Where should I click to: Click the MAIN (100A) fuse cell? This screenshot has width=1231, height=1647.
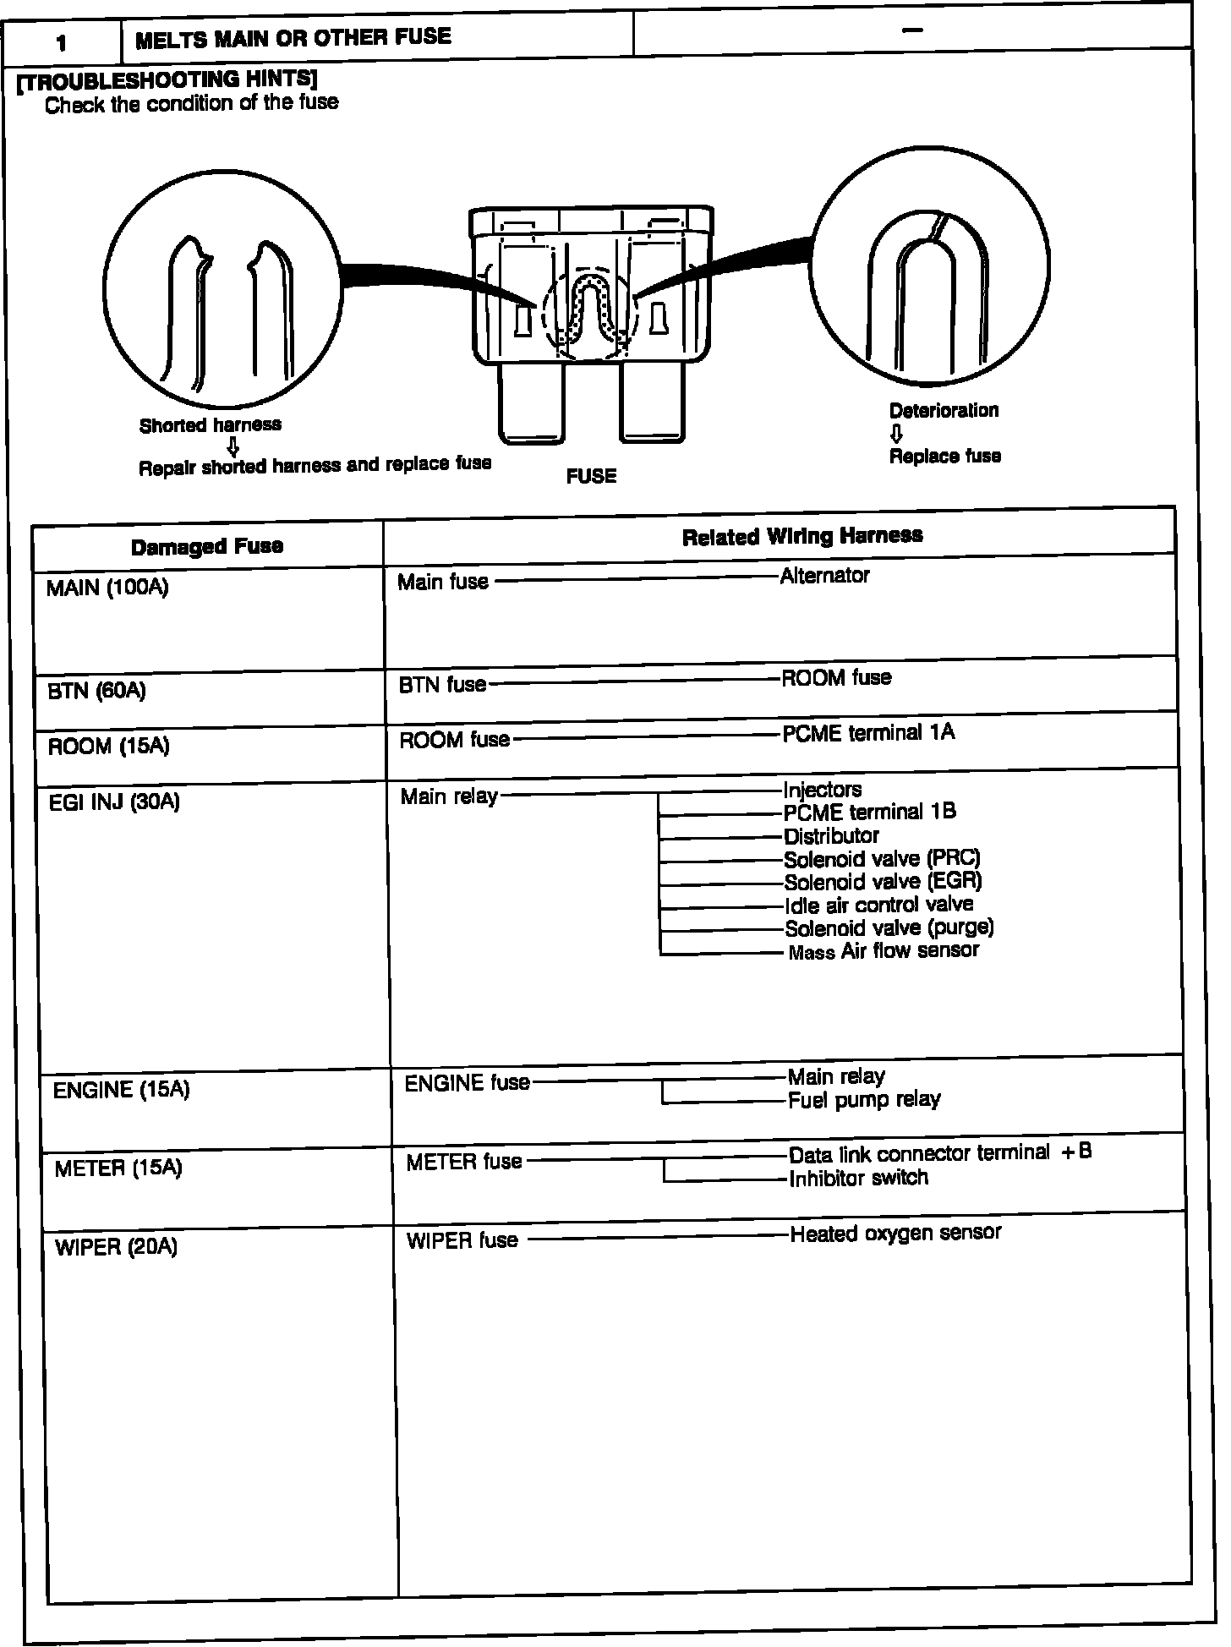point(107,588)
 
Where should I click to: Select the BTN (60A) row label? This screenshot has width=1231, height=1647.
point(96,691)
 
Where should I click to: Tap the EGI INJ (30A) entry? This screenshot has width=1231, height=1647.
point(114,802)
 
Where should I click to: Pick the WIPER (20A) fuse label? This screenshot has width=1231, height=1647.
point(116,1247)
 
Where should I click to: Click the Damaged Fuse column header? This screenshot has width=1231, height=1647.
point(207,546)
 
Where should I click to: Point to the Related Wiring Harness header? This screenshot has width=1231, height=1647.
point(802,536)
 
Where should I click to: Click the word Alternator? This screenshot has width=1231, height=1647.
point(824,576)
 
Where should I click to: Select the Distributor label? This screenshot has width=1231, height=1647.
point(831,836)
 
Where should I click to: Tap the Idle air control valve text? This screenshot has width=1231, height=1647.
point(878,905)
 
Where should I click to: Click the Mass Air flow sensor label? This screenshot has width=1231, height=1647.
point(884,951)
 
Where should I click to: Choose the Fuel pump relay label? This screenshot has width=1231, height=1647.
point(864,1100)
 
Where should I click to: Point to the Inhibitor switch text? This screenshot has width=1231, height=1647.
point(858,1178)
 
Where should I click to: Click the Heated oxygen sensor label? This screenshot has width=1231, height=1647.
point(895,1234)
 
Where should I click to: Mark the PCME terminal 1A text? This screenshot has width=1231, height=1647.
point(868,732)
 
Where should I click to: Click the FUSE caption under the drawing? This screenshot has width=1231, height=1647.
point(591,476)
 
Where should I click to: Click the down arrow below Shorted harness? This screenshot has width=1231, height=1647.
point(233,446)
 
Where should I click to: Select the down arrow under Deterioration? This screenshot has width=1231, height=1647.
point(896,434)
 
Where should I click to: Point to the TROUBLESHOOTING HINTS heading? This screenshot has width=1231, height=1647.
point(167,80)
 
